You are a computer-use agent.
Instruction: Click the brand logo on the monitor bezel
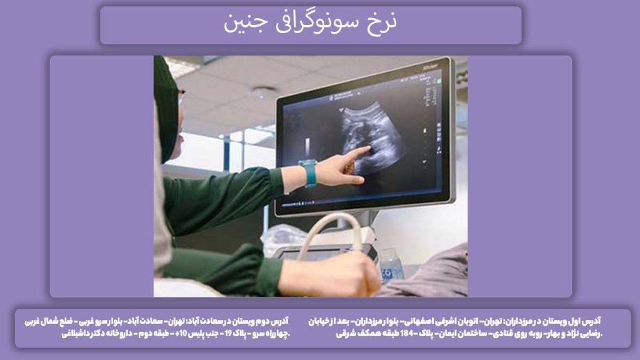tap(431, 65)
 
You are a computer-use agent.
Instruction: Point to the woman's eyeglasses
tap(181, 96)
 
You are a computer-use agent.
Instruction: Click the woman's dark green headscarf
tap(166, 106)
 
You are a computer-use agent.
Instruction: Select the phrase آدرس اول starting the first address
tap(585, 321)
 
